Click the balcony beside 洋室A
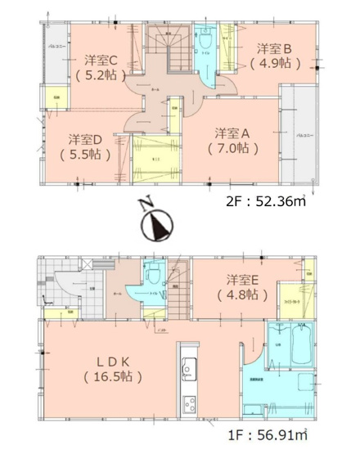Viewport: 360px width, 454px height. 301,131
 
